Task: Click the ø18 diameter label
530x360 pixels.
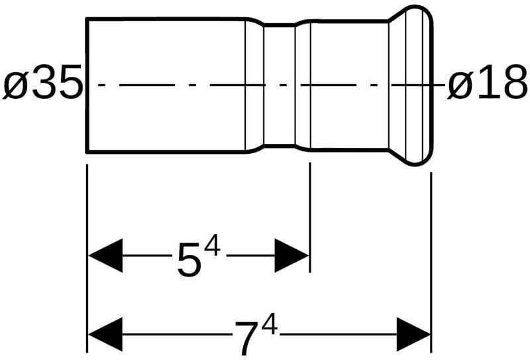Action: click(x=488, y=86)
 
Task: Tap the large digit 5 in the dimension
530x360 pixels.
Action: click(x=189, y=261)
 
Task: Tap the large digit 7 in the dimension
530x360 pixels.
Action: click(x=246, y=338)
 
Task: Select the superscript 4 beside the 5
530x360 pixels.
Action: click(x=211, y=247)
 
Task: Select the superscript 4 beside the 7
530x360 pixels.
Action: click(x=268, y=324)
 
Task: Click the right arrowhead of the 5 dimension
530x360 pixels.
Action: click(x=292, y=255)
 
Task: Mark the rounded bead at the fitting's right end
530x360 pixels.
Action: click(x=417, y=85)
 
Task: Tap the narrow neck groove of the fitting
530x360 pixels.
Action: click(x=279, y=85)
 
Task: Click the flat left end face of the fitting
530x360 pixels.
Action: click(x=87, y=85)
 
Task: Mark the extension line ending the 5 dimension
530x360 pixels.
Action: click(x=309, y=219)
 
